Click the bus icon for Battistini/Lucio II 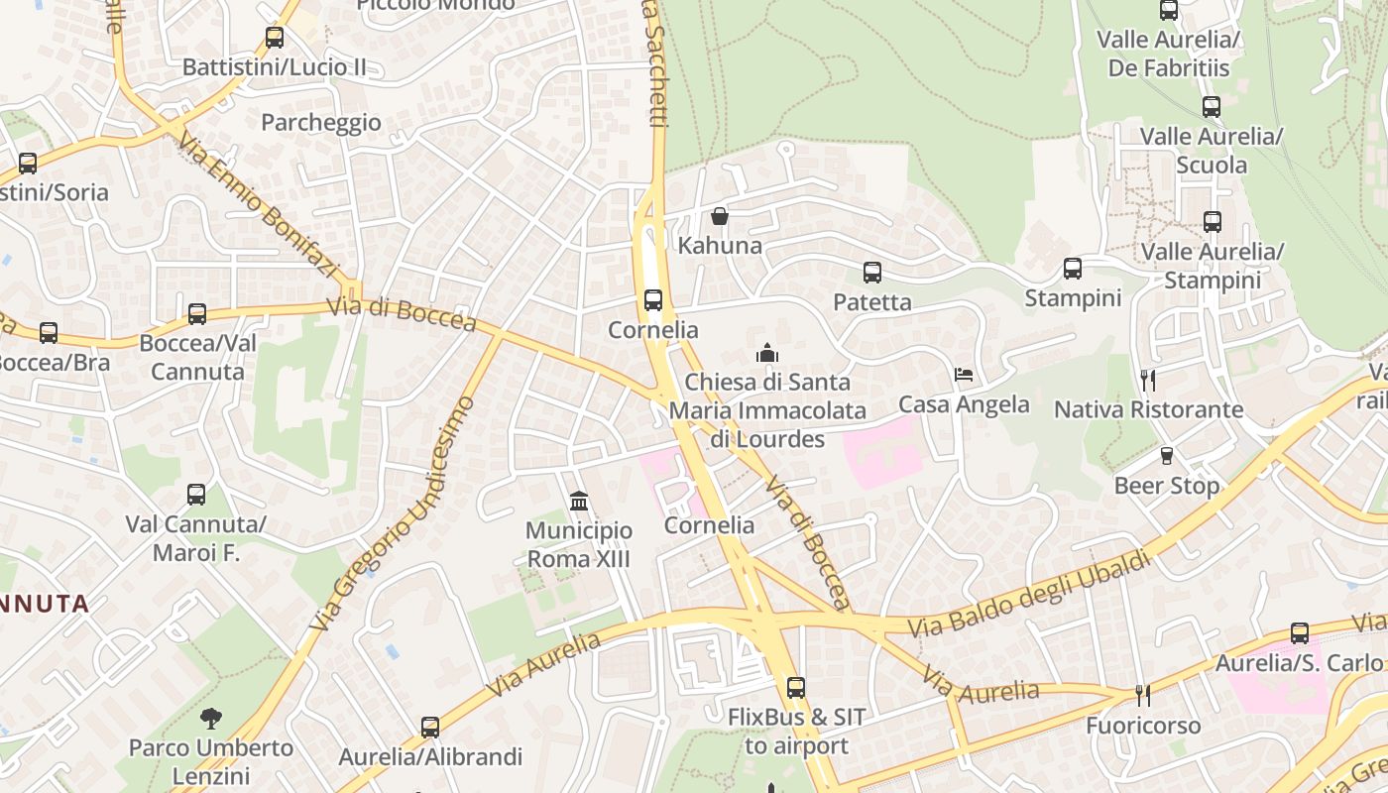(x=275, y=38)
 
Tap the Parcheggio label (x=320, y=122)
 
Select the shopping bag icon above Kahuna (x=720, y=215)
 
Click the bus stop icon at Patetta (x=872, y=272)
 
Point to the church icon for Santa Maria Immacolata (x=767, y=353)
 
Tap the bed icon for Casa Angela (x=964, y=375)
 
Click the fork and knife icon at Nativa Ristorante (x=1148, y=380)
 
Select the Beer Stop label (x=1167, y=486)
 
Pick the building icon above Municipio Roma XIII (x=579, y=502)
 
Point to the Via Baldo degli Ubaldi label (x=1031, y=595)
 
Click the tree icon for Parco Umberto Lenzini (x=210, y=718)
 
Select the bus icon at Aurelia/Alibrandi (x=430, y=728)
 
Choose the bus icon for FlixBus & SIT (x=796, y=687)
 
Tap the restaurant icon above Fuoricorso (x=1142, y=696)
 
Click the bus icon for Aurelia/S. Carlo (x=1300, y=633)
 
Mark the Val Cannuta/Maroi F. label (x=196, y=538)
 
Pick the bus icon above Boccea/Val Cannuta (x=197, y=314)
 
